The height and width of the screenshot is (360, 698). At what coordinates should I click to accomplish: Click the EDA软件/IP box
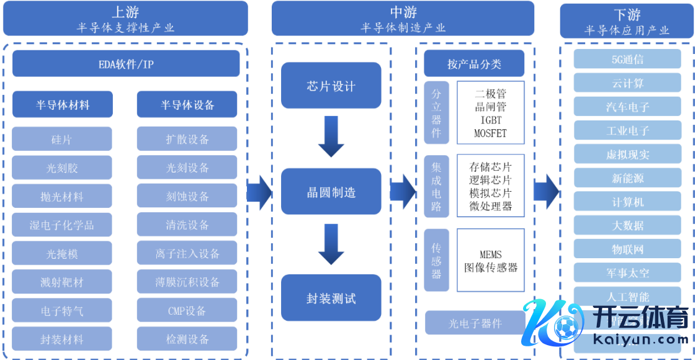pos(126,64)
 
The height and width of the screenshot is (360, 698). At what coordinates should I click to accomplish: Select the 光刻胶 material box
pos(62,168)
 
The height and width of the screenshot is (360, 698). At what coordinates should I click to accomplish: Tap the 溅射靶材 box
pos(62,282)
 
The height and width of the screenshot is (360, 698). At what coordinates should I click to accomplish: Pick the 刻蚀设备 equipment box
pos(187,196)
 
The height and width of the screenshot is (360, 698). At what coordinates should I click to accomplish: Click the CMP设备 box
pos(187,311)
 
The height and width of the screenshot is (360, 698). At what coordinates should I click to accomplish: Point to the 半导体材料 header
pos(62,105)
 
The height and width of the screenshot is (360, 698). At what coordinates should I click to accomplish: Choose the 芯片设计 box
pos(331,86)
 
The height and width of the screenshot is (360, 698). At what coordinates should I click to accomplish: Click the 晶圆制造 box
pos(331,192)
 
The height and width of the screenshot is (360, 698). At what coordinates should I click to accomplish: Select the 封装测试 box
pos(331,298)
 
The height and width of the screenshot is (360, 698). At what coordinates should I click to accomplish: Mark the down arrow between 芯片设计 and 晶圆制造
pos(331,138)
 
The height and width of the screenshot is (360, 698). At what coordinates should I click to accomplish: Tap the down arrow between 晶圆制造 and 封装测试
pos(331,245)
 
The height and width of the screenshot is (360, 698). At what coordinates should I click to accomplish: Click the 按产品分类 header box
pos(474,64)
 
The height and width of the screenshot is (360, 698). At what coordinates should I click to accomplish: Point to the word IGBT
pos(490,120)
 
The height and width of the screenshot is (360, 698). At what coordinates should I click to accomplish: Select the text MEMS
pos(490,254)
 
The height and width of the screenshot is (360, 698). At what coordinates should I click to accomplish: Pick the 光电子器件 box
pos(475,323)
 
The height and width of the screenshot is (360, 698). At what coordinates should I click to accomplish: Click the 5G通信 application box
pos(627,60)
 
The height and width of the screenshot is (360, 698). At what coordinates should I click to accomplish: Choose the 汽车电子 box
pos(627,107)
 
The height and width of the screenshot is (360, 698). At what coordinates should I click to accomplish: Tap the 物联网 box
pos(627,250)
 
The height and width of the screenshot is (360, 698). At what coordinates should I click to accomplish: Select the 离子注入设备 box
pos(187,254)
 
